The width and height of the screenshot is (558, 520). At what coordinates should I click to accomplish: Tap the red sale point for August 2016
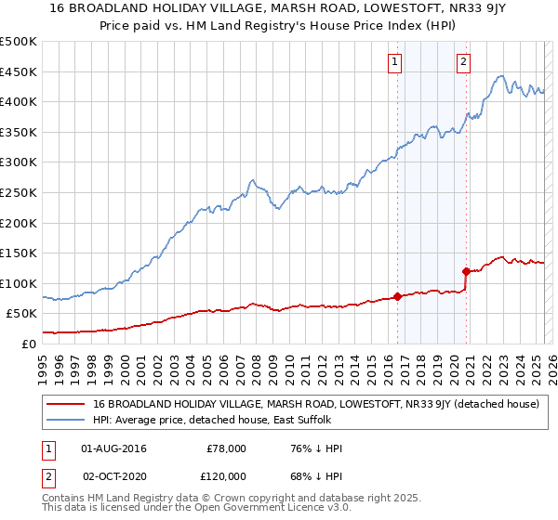pos(397,297)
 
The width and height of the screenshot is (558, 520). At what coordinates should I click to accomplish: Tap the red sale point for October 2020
pos(466,271)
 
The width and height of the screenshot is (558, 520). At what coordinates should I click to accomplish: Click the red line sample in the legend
pos(65,404)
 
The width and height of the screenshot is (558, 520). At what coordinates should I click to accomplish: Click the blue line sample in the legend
pos(65,421)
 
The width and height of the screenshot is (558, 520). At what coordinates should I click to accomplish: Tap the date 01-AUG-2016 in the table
pos(113,448)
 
